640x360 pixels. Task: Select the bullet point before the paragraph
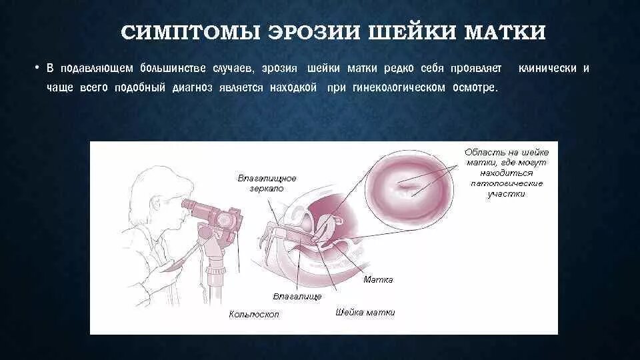coord(39,68)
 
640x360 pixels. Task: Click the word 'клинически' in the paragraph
coord(547,68)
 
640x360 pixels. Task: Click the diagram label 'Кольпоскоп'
coord(254,313)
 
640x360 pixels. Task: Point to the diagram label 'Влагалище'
coord(297,295)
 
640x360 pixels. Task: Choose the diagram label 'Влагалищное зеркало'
coord(267,183)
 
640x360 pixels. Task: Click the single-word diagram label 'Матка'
coord(378,279)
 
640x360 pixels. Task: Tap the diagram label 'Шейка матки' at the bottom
coord(365,312)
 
